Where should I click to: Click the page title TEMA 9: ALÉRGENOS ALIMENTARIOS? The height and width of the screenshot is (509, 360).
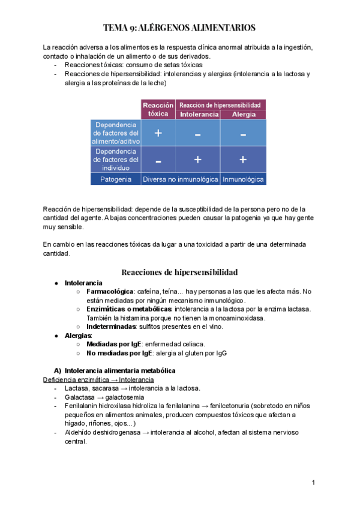pyautogui.click(x=180, y=28)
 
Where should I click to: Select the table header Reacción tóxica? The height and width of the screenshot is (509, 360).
pyautogui.click(x=158, y=109)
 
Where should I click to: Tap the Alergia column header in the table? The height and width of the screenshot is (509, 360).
pyautogui.click(x=243, y=113)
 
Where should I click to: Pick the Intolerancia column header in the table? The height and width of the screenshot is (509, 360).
pyautogui.click(x=198, y=113)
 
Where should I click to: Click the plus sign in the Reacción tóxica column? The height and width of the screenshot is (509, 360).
pyautogui.click(x=158, y=133)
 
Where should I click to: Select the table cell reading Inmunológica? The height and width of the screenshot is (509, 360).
pyautogui.click(x=243, y=179)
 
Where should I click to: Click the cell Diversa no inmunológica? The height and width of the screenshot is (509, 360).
pyautogui.click(x=180, y=179)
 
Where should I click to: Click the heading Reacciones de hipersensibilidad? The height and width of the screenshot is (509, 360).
pyautogui.click(x=179, y=271)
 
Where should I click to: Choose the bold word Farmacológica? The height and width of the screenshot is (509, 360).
pyautogui.click(x=110, y=291)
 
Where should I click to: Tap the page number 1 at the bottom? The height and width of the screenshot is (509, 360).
pyautogui.click(x=314, y=483)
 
